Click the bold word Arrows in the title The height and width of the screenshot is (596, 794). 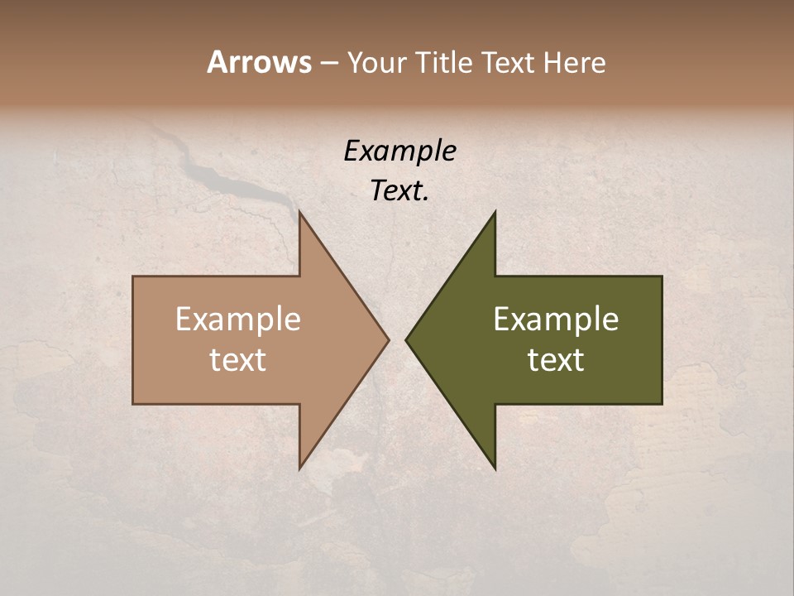click(259, 62)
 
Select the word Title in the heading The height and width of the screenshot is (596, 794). click(443, 62)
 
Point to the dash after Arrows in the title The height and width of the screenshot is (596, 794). click(328, 63)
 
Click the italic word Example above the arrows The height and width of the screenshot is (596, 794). click(399, 151)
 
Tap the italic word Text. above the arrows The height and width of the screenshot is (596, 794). click(398, 190)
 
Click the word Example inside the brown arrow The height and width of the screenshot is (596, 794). click(238, 319)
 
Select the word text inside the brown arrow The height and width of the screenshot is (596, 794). click(238, 360)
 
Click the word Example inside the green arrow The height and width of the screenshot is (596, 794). click(556, 319)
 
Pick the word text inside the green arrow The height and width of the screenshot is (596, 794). click(556, 360)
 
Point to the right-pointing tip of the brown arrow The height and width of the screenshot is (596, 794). click(388, 339)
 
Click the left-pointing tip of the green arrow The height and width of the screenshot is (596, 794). click(406, 339)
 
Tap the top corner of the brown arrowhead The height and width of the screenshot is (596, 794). click(299, 212)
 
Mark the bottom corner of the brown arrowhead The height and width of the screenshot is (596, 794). click(299, 468)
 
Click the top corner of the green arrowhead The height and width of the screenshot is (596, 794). click(495, 212)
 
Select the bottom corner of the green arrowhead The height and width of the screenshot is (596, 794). click(495, 468)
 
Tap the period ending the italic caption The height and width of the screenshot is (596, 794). click(426, 199)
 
